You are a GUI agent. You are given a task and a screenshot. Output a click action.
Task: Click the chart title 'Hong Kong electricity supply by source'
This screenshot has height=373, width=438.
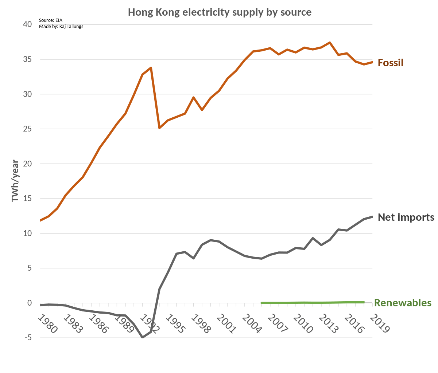[x=220, y=12]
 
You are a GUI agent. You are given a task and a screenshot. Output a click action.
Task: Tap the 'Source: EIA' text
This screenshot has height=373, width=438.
[x=51, y=20]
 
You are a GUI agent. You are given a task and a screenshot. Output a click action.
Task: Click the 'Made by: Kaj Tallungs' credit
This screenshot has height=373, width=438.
[x=61, y=26]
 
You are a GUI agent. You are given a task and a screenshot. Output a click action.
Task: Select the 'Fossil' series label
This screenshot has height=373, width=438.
[x=390, y=63]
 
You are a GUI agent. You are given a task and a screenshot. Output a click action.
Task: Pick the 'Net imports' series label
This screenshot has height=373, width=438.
[x=406, y=217]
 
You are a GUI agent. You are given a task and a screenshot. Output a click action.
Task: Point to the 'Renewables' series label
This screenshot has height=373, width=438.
[x=403, y=303]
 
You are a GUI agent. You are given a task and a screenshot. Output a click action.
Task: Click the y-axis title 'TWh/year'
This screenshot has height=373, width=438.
[x=15, y=181]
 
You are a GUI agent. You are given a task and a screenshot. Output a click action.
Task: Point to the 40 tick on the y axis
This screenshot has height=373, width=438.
[x=27, y=24]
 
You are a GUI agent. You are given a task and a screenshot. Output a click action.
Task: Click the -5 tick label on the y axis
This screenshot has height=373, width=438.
[x=28, y=338]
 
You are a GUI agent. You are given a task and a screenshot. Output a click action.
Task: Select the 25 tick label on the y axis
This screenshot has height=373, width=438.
[x=27, y=129]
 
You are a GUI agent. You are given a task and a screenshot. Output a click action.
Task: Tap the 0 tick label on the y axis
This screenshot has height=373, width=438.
[x=30, y=303]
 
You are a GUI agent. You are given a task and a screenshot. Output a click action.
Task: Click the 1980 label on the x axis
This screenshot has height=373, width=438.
[x=48, y=324]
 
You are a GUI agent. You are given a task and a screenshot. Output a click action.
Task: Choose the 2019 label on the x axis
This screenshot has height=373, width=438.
[x=380, y=324]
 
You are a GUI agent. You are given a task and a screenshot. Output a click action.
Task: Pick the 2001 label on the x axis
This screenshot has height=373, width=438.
[x=226, y=324]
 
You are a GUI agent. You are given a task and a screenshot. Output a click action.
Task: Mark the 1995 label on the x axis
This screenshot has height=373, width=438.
[x=175, y=324]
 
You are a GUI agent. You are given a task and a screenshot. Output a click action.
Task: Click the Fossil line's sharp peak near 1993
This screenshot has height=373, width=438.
[x=151, y=68]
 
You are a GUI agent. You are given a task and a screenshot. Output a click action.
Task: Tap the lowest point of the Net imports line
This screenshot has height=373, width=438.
[x=142, y=337]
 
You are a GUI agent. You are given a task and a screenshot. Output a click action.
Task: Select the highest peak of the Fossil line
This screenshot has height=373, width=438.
[x=330, y=43]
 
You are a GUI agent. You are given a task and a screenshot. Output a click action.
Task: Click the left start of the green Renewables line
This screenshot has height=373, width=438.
[x=262, y=303]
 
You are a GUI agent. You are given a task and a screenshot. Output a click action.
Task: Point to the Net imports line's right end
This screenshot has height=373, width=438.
[x=372, y=217]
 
